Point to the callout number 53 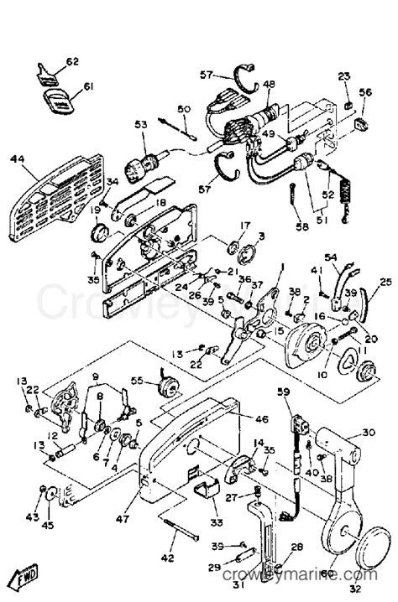pyautogui.click(x=141, y=126)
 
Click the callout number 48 pyautogui.click(x=269, y=84)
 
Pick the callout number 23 pyautogui.click(x=343, y=77)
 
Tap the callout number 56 pyautogui.click(x=365, y=93)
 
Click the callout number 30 pyautogui.click(x=368, y=433)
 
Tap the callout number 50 pyautogui.click(x=185, y=109)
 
